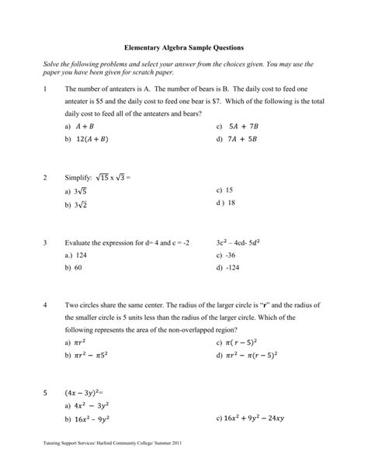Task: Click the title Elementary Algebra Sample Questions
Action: (x=184, y=46)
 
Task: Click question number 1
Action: (x=46, y=88)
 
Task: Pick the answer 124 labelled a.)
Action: (x=81, y=255)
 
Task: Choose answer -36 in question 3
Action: (x=232, y=255)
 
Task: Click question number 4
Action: (x=46, y=305)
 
